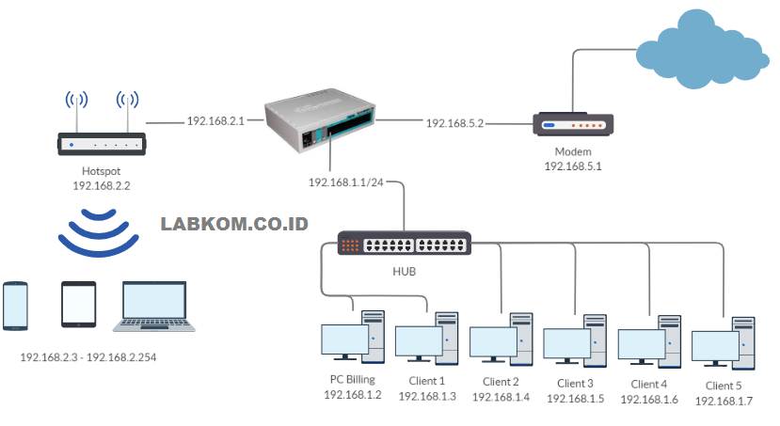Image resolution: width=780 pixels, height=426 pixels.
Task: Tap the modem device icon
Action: pos(574,124)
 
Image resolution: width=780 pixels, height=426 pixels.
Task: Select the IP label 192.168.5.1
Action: pos(572,166)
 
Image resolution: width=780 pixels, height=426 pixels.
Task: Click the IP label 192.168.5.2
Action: pos(454,123)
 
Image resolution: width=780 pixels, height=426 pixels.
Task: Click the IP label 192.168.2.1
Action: pos(215,121)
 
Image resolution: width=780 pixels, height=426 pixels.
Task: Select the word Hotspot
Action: pos(101,171)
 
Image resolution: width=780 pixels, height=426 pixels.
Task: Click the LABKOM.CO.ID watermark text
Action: pos(235,225)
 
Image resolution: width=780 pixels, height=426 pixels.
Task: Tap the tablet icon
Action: pos(78,305)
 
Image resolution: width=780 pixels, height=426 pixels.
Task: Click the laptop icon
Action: pos(155,307)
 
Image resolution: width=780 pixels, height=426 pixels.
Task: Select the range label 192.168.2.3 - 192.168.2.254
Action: pos(101,358)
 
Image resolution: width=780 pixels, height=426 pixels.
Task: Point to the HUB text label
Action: pos(403,272)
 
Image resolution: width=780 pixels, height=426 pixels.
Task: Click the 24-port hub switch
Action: pos(403,245)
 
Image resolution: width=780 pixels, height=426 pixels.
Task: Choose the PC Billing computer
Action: pos(353,336)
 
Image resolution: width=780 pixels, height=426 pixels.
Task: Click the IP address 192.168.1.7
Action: pos(724,402)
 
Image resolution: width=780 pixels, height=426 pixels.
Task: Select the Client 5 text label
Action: pos(724,386)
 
